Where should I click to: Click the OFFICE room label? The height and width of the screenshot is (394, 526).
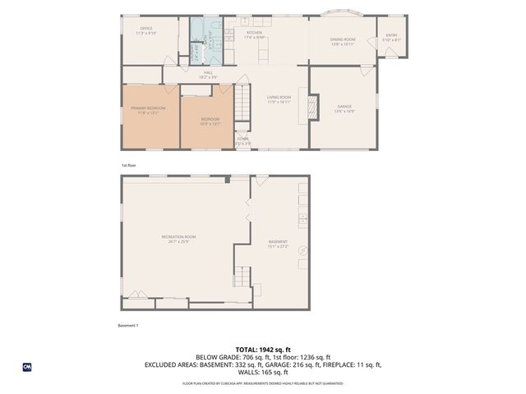point(146,30)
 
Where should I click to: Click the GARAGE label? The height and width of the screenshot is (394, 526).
point(344,108)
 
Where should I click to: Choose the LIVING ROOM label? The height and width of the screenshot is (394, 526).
point(279,99)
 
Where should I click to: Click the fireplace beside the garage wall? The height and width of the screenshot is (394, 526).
point(311,106)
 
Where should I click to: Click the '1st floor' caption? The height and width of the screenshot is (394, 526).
point(127,165)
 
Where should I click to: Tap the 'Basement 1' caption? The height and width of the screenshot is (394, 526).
point(130,325)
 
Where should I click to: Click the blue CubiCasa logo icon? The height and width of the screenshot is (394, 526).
point(27,366)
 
